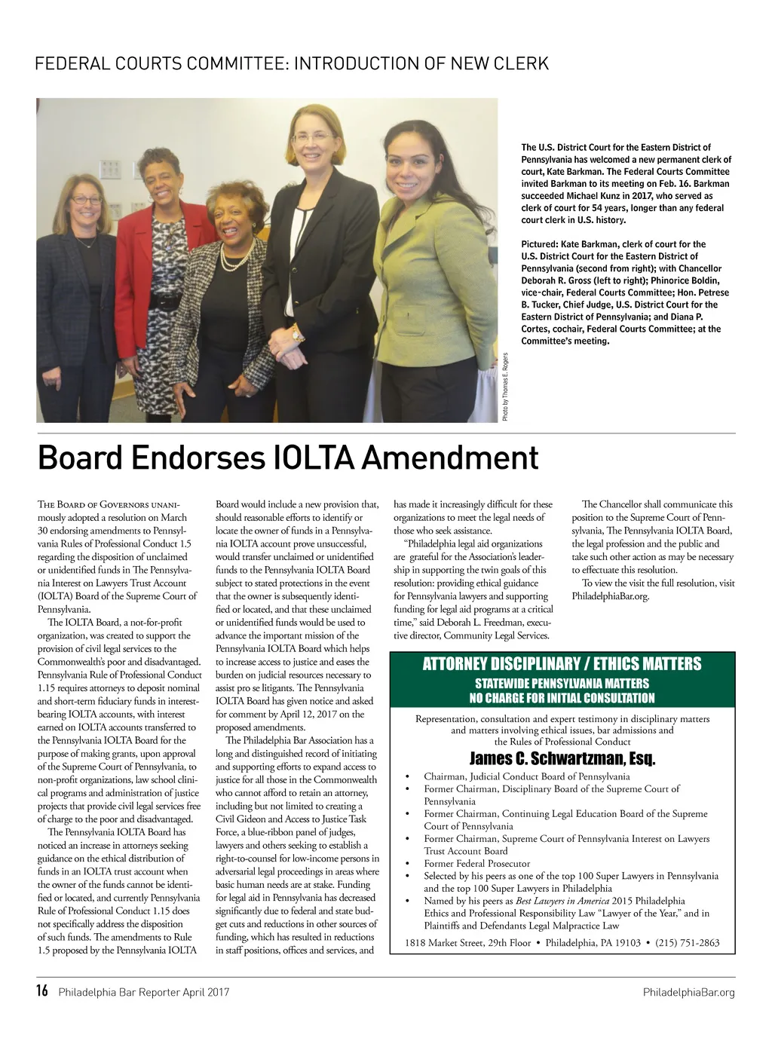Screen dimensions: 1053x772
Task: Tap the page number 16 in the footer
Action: tap(42, 991)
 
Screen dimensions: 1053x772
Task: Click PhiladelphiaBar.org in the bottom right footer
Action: tap(688, 992)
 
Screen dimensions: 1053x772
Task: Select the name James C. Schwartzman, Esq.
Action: tap(562, 758)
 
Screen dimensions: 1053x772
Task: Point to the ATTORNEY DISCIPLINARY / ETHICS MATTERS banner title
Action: tap(562, 664)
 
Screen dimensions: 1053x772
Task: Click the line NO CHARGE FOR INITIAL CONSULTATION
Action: tap(562, 698)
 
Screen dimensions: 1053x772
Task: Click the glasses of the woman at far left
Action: tap(86, 200)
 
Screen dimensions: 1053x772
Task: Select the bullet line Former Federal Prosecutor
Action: tap(476, 863)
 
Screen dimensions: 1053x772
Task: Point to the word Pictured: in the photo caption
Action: tap(539, 244)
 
